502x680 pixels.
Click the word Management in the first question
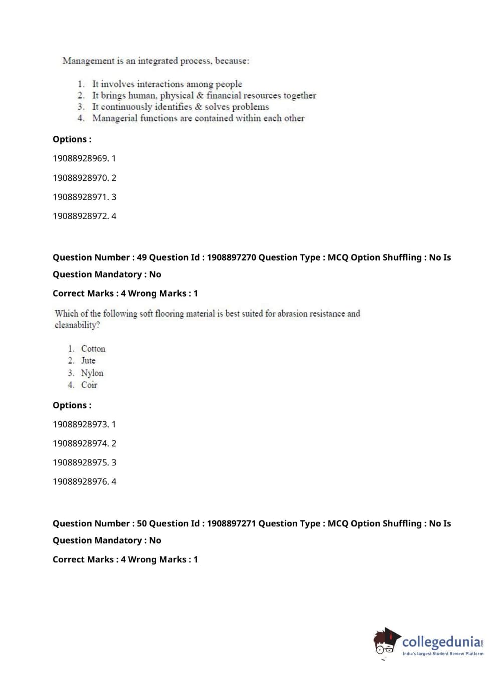click(88, 61)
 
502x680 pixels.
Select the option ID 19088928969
click(80, 158)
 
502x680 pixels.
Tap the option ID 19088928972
click(80, 216)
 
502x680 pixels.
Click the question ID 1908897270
click(231, 257)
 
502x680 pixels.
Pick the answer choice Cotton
click(93, 349)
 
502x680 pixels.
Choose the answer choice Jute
click(88, 361)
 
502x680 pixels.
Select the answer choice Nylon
click(92, 373)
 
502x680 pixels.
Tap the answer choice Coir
click(89, 385)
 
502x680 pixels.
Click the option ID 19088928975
click(80, 462)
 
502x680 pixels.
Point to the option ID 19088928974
click(80, 443)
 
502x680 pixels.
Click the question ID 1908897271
click(231, 523)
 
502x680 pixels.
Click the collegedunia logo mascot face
click(385, 643)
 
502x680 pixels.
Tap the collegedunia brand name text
click(441, 642)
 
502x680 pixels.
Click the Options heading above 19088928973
click(72, 405)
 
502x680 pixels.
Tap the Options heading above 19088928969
click(72, 139)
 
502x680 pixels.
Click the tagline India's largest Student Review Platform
click(443, 654)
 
